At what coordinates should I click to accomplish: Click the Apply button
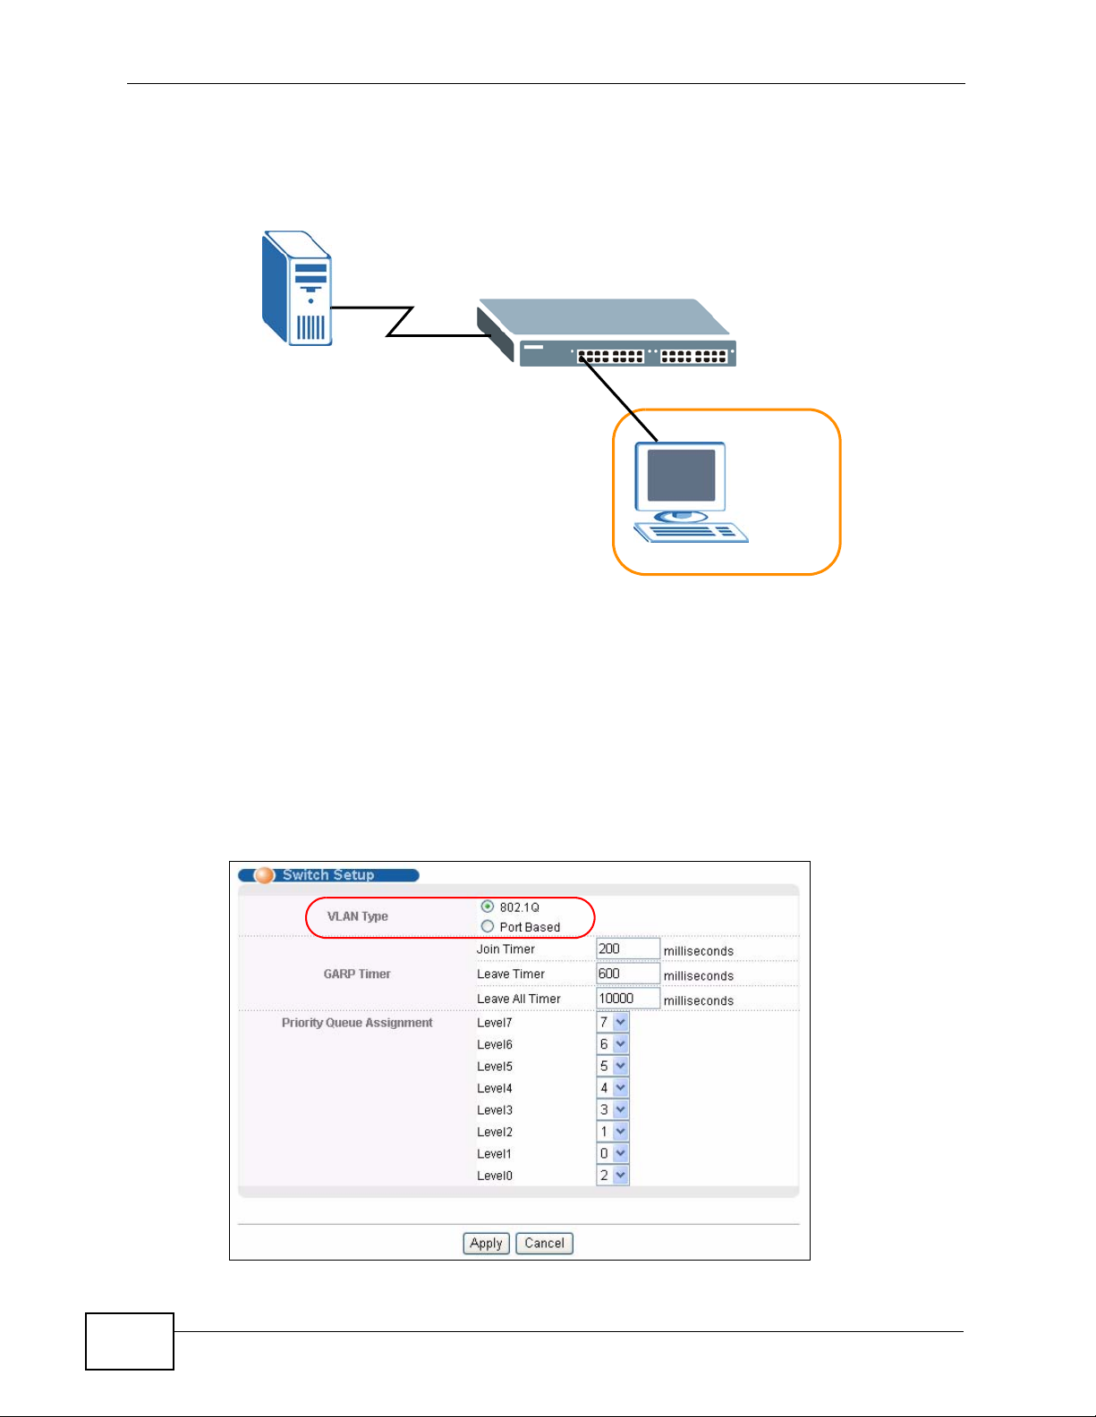(x=486, y=1243)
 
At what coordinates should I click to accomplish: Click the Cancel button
(x=544, y=1243)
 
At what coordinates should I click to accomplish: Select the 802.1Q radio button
(x=488, y=907)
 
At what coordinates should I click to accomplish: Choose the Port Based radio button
(x=488, y=926)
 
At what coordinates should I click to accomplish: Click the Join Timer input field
(x=627, y=949)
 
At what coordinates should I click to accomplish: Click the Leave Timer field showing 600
(x=627, y=974)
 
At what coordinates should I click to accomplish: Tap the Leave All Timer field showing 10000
(x=627, y=999)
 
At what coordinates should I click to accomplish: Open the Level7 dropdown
(x=613, y=1022)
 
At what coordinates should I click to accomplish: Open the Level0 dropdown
(x=613, y=1176)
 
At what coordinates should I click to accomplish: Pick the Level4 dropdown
(x=613, y=1088)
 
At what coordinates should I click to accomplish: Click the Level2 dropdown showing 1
(x=613, y=1132)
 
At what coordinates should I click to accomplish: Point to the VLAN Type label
(x=358, y=916)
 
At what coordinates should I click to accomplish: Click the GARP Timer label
(x=357, y=974)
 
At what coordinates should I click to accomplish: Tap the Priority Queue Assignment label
(x=357, y=1023)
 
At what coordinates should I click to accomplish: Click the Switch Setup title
(x=328, y=875)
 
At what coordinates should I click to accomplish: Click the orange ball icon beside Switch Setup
(x=264, y=875)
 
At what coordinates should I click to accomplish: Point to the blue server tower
(x=297, y=288)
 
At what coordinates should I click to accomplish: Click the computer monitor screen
(x=681, y=475)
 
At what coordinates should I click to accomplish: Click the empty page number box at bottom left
(x=130, y=1341)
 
